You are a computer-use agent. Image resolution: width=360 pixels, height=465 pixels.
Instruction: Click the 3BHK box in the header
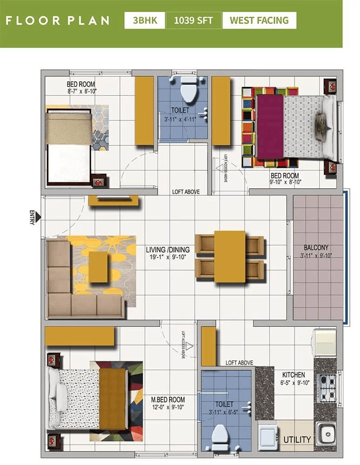click(x=144, y=20)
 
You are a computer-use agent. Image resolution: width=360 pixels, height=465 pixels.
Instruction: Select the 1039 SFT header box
click(x=193, y=20)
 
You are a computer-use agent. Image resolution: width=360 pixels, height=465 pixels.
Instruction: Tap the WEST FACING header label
click(x=259, y=20)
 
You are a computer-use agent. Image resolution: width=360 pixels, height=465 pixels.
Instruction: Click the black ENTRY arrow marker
click(x=38, y=217)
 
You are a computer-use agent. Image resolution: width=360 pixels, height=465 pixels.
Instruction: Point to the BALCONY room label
click(x=316, y=248)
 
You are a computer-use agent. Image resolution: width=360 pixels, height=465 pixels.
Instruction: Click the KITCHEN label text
click(x=293, y=375)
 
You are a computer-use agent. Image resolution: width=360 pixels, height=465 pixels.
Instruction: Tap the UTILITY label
click(x=297, y=439)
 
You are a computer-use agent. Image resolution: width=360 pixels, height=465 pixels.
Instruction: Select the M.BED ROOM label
click(x=167, y=399)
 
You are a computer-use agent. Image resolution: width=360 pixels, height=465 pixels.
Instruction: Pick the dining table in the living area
click(x=229, y=256)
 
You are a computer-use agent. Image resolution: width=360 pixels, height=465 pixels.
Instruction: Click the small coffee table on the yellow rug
click(x=98, y=266)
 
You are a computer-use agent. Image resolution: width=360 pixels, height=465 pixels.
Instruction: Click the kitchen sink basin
click(x=325, y=433)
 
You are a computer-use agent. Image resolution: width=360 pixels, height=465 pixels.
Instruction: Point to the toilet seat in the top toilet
click(x=188, y=90)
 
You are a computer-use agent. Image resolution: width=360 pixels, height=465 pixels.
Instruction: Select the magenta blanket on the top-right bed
click(x=270, y=126)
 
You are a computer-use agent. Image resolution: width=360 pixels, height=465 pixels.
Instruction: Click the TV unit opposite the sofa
click(x=113, y=200)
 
